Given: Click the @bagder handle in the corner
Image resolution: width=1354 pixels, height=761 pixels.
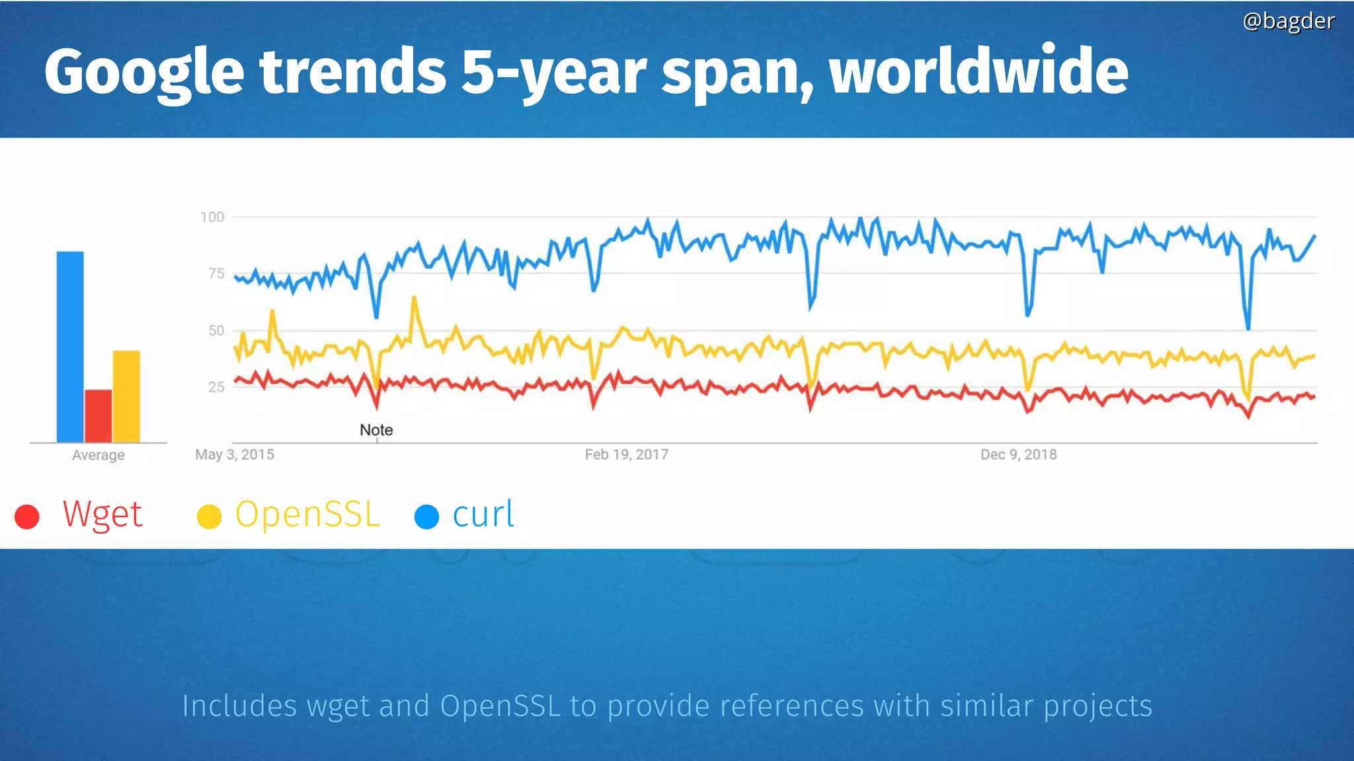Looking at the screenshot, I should click(1288, 21).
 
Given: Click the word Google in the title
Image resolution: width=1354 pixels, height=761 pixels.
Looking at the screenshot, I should click(144, 71).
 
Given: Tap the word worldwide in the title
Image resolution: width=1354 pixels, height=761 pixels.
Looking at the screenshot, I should click(978, 71).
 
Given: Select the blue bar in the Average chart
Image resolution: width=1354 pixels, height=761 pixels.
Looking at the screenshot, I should click(70, 347).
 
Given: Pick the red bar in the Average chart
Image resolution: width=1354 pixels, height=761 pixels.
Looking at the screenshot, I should click(98, 416).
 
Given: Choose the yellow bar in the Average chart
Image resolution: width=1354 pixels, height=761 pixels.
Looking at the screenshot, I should click(126, 396).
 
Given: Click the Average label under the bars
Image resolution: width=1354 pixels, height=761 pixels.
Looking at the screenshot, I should click(98, 455).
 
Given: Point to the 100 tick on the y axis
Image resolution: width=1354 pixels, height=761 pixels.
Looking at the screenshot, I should click(212, 217).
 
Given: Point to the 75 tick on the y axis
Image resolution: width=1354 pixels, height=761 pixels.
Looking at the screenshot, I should click(216, 273).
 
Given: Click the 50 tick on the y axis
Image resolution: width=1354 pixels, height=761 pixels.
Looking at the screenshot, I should click(216, 330).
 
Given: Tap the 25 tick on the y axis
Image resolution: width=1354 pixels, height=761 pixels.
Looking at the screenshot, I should click(216, 387).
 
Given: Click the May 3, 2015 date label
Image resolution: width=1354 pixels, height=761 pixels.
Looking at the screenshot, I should click(234, 454).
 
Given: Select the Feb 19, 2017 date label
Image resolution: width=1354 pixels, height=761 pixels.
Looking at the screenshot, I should click(626, 454).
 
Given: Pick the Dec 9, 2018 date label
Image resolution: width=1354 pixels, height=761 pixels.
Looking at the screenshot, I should click(1018, 454).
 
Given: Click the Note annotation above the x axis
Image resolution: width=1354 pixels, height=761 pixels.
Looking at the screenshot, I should click(376, 430).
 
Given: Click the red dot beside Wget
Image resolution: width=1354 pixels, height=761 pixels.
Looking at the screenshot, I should click(27, 517).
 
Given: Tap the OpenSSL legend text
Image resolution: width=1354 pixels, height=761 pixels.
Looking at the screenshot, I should click(307, 514).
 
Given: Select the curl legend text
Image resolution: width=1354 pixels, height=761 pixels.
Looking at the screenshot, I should click(483, 514).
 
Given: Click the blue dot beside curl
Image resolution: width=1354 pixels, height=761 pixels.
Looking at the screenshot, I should click(426, 517).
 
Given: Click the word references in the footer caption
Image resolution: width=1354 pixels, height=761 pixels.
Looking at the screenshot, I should click(791, 706).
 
